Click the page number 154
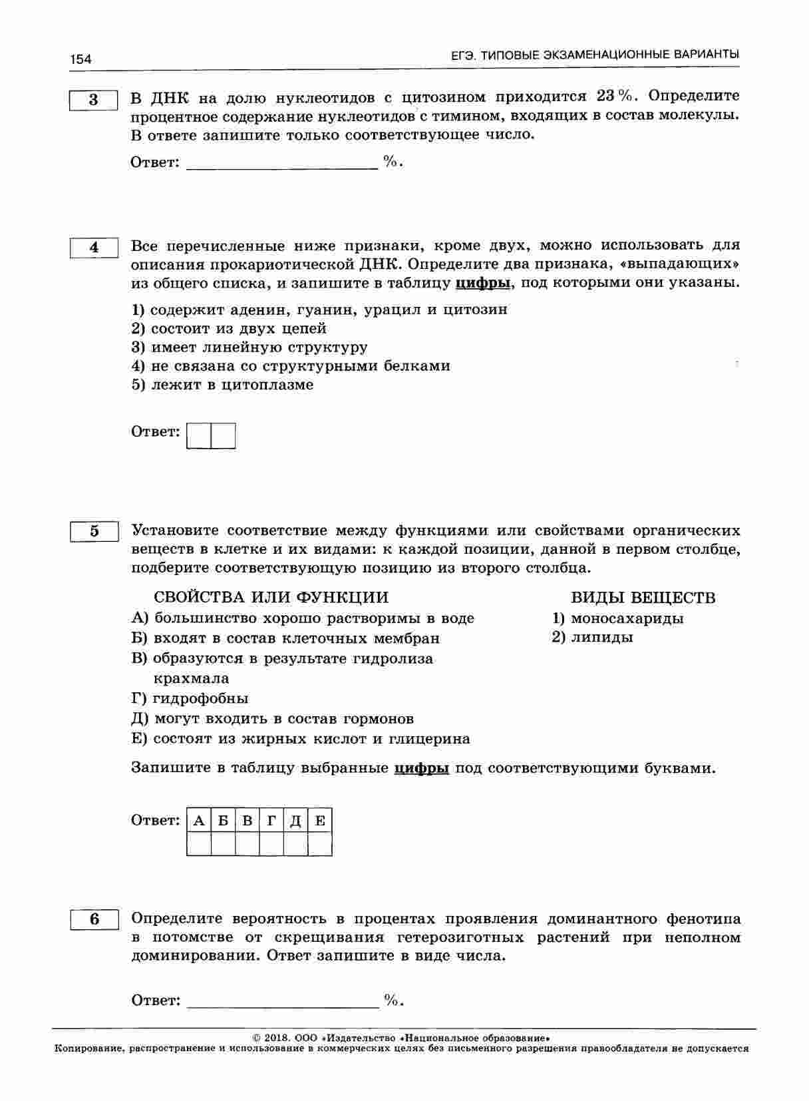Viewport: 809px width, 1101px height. (81, 59)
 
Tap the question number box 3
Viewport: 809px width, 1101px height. (94, 100)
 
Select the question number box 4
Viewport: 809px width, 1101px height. (94, 248)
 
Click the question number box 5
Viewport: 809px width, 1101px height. (94, 531)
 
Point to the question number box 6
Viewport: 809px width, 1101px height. (94, 919)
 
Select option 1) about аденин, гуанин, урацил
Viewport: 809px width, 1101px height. (319, 310)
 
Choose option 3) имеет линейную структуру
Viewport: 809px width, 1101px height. (249, 347)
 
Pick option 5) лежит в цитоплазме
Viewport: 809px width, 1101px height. (222, 385)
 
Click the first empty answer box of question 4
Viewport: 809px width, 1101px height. (199, 435)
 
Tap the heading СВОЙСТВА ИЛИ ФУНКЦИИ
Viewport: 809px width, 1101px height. (271, 598)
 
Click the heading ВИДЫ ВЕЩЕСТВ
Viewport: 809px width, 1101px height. (643, 598)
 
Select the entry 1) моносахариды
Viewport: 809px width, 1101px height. (618, 618)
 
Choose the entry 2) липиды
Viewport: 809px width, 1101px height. (593, 638)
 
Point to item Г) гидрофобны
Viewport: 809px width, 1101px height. (190, 698)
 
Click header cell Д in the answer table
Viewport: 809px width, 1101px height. (295, 821)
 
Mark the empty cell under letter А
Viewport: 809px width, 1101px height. (199, 844)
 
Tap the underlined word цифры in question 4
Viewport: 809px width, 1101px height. (483, 283)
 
